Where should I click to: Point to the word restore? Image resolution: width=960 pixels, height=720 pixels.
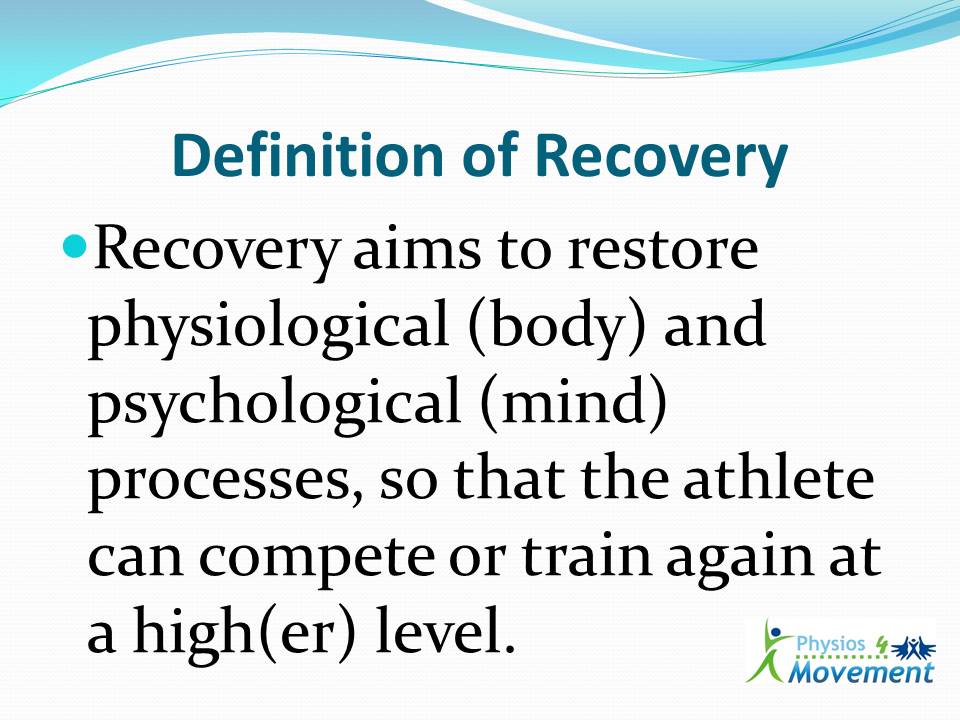point(668,252)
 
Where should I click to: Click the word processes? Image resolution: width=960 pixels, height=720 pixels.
point(211,483)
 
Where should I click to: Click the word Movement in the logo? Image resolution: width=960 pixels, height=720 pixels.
point(860,672)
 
